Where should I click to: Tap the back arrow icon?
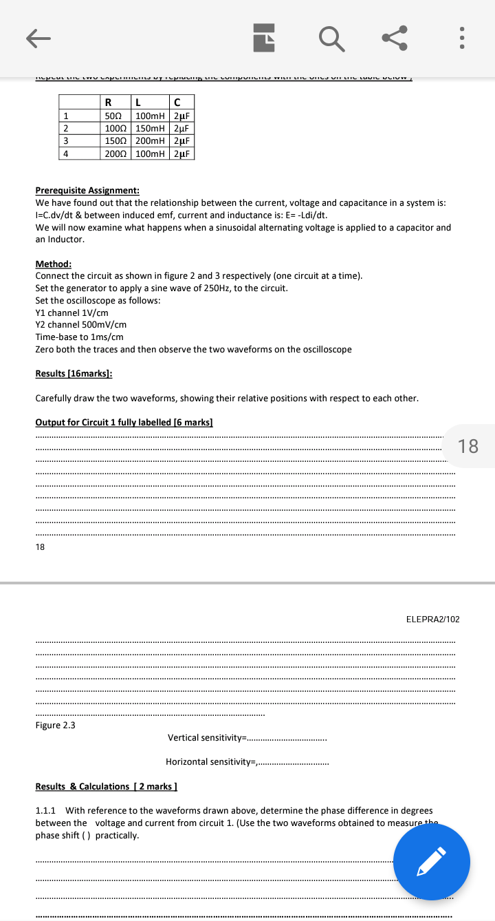38,38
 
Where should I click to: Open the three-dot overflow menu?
463,38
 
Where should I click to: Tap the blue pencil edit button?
431,862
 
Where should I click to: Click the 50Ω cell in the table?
114,116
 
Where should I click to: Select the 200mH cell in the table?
150,141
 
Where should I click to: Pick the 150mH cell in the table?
150,129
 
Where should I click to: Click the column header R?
108,103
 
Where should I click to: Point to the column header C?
177,103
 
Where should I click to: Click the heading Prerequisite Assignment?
87,191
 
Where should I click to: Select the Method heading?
53,264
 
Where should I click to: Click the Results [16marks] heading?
74,373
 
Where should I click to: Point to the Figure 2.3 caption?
55,725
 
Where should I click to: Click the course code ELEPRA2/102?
432,620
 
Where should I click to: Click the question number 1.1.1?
45,811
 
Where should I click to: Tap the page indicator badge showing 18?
467,446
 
